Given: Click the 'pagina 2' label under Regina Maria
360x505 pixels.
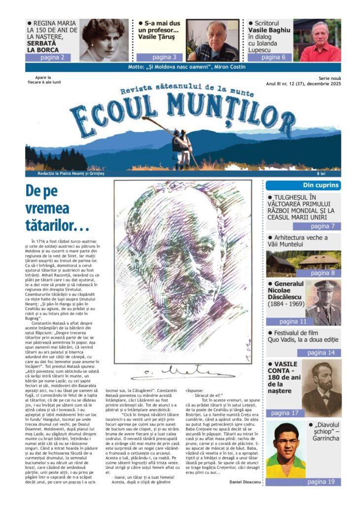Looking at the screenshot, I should coord(52,57).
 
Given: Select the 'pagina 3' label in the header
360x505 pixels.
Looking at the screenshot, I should coord(161,57).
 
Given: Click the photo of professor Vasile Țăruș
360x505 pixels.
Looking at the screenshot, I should coord(212,40).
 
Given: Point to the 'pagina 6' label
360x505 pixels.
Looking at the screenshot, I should coord(273,57).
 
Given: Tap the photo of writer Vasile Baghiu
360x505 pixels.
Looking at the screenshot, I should coord(320,40).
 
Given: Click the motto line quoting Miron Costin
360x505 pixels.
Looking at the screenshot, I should coord(182,67).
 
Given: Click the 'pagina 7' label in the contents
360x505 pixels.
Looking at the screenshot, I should coord(323,226).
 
